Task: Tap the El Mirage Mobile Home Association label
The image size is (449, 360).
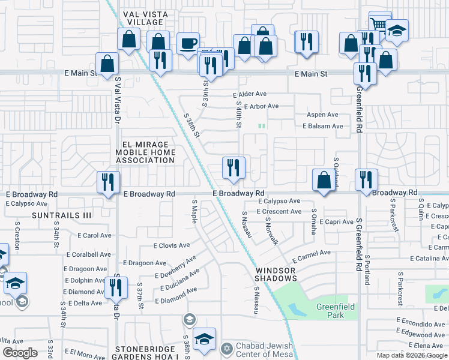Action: [145, 152]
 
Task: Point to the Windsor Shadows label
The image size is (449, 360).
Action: [276, 274]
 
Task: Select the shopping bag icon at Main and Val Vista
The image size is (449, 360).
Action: [107, 63]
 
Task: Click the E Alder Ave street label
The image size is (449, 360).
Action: [250, 94]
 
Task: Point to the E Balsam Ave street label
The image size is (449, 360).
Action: [322, 126]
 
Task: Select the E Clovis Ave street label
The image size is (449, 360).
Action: [171, 245]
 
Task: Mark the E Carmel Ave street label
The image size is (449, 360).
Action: [312, 256]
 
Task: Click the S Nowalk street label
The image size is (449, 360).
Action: [271, 231]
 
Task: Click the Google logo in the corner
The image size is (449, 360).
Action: [20, 353]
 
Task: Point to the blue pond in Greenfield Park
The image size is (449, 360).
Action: [296, 310]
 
